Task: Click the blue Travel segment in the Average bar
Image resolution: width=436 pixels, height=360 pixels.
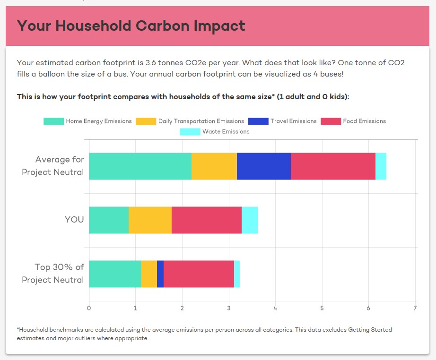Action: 264,166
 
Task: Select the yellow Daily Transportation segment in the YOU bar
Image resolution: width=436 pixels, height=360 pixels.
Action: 150,220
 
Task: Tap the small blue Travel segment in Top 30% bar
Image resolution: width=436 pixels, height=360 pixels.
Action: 160,274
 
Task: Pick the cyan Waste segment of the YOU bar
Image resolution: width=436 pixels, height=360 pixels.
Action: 250,220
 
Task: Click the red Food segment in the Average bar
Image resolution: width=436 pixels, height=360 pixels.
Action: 333,166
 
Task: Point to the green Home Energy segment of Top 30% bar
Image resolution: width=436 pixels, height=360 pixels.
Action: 115,274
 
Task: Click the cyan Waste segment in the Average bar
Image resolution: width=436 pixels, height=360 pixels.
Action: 381,166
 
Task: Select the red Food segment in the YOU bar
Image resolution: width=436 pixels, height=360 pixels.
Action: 207,220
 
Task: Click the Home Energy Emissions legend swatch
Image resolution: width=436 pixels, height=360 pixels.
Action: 53,121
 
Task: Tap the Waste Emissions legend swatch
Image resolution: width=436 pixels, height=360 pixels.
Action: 190,132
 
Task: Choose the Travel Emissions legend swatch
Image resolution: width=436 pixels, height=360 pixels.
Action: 258,121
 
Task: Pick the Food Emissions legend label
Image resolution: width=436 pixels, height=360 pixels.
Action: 365,121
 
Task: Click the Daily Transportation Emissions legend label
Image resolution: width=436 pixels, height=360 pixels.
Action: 201,121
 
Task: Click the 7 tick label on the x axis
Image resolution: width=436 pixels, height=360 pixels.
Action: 415,308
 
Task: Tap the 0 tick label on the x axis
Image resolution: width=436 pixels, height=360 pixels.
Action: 89,308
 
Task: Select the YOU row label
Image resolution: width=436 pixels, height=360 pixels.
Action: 74,220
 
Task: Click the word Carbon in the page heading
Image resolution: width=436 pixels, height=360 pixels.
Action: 163,26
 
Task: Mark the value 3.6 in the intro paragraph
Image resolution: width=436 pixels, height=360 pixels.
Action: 151,63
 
